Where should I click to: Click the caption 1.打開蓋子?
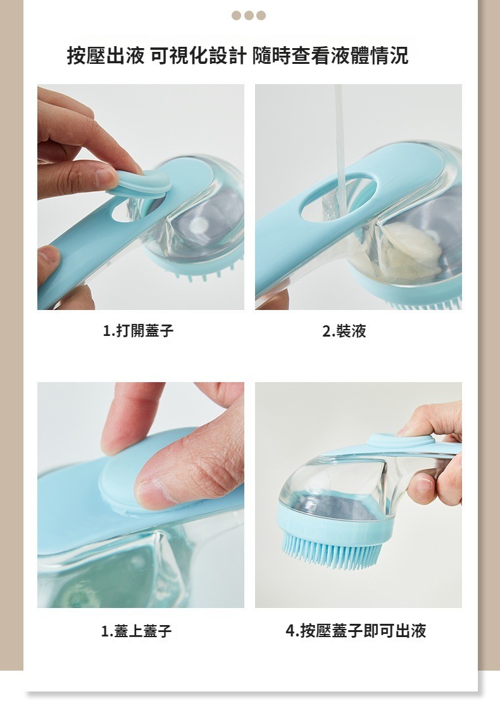[138, 331]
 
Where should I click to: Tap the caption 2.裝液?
[344, 331]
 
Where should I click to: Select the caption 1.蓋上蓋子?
[137, 631]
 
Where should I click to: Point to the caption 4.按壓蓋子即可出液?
[356, 630]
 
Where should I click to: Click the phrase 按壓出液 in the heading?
[106, 56]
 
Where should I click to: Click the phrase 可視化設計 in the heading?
[198, 56]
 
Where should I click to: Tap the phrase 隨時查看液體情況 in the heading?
[330, 56]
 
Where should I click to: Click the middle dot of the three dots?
[249, 16]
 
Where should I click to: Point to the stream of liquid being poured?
[341, 147]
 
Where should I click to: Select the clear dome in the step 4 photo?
[340, 487]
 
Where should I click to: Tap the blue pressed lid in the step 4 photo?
[400, 441]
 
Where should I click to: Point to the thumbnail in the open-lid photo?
[106, 177]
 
